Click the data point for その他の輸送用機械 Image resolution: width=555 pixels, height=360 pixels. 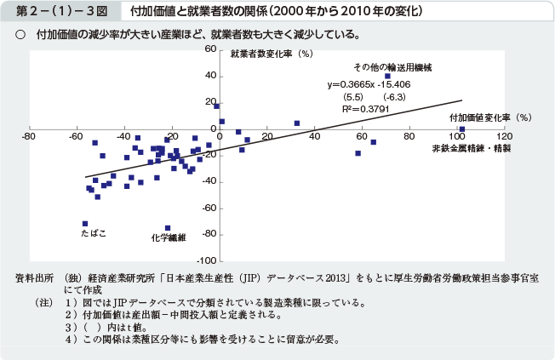click(x=388, y=76)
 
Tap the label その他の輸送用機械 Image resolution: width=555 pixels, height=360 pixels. click(x=393, y=66)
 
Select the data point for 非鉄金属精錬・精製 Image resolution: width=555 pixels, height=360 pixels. click(x=462, y=129)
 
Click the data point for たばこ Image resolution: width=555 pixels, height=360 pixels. click(x=85, y=223)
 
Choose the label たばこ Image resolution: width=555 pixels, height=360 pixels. click(x=94, y=232)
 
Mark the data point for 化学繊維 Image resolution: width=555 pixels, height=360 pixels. click(x=168, y=228)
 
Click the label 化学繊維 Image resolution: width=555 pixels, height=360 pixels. click(x=169, y=238)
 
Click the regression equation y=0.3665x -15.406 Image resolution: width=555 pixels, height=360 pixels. click(x=369, y=85)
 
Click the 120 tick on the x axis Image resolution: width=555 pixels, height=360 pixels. click(x=507, y=136)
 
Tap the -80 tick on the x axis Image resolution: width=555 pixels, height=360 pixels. click(x=29, y=136)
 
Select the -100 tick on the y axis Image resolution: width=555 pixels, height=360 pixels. click(x=204, y=260)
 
